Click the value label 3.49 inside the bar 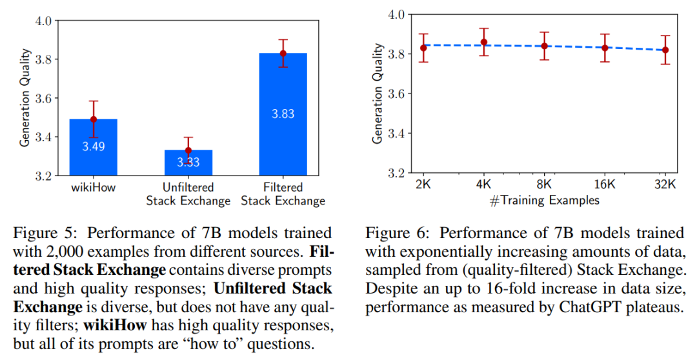point(94,146)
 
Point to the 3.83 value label point(283,114)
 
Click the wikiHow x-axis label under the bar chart point(94,188)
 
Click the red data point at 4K point(484,42)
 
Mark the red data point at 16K point(605,48)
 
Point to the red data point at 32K point(665,50)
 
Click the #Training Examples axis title point(544,200)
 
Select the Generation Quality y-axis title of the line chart point(378,94)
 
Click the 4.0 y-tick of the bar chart point(42,21)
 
